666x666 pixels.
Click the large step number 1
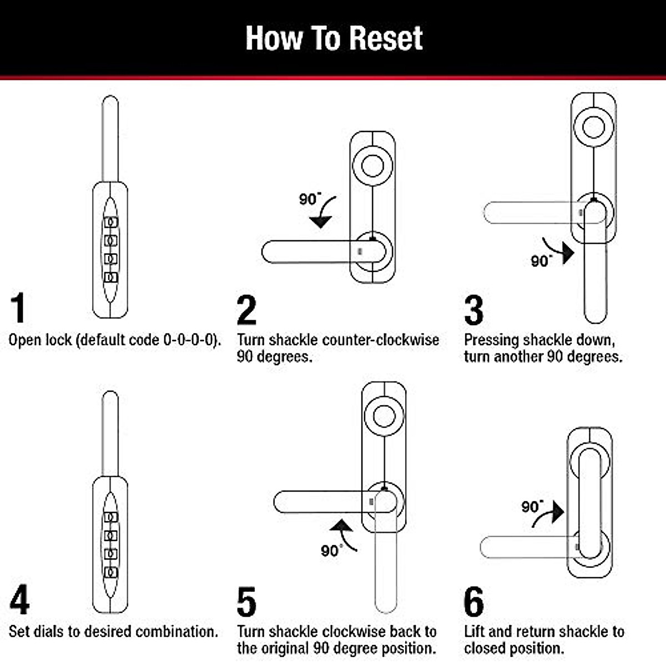click(18, 308)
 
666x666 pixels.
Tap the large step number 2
click(246, 310)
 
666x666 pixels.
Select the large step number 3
click(473, 310)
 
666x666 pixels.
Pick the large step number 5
click(246, 602)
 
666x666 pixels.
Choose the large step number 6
click(474, 602)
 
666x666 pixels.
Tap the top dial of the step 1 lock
click(111, 223)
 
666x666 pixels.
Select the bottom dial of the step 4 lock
click(111, 572)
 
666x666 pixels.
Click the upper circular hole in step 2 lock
click(372, 165)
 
